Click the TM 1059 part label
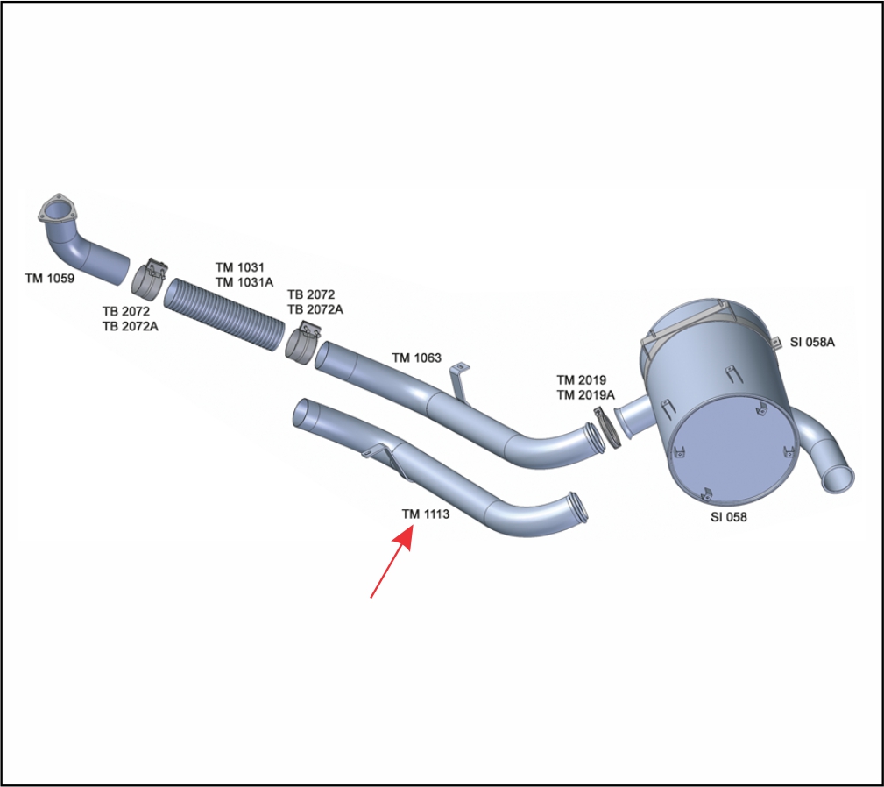tap(49, 279)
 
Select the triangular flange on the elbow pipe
tap(57, 211)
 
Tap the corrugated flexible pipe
tap(224, 313)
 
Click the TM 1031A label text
tap(244, 281)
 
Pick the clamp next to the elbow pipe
tap(151, 277)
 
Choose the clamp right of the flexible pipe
tap(301, 343)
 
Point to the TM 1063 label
tap(416, 358)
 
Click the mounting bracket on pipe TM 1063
tap(459, 380)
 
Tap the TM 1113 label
tap(426, 514)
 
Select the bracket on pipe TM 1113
tap(375, 451)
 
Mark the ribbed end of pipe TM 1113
tap(578, 508)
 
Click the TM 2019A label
tap(585, 395)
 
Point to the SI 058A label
tap(812, 342)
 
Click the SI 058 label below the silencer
tap(729, 517)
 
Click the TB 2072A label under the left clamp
tap(130, 327)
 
